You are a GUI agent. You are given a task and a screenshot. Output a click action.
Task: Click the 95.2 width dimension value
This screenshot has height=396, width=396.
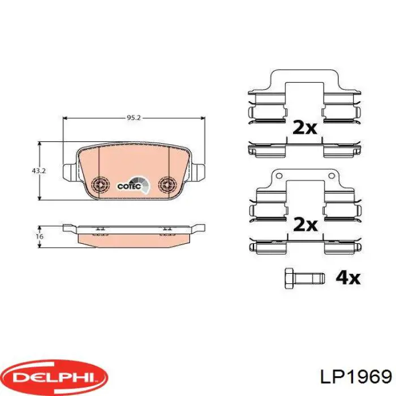coord(134,118)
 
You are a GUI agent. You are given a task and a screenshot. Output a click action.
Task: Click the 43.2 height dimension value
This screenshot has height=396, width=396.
coord(38,171)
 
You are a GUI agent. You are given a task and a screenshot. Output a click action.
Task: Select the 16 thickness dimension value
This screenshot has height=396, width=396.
coord(40,236)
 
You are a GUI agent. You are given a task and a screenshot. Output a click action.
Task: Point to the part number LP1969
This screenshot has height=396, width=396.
coord(356,377)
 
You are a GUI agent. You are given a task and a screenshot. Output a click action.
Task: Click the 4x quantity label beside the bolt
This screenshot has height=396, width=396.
coord(348,278)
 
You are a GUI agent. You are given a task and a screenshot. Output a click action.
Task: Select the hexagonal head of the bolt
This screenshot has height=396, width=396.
coord(289,278)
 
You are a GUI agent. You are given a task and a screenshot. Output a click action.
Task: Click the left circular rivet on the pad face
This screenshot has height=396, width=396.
coord(101,184)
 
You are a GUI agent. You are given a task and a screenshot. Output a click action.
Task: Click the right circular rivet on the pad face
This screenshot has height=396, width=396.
coord(167,184)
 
